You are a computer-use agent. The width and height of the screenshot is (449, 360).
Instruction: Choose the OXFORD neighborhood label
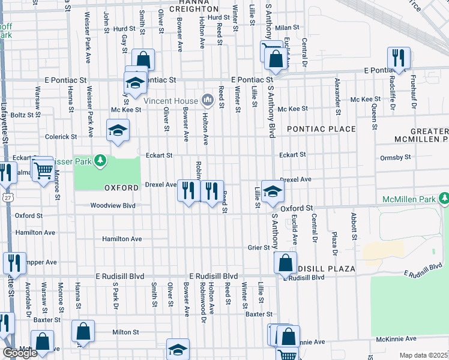(x=122, y=188)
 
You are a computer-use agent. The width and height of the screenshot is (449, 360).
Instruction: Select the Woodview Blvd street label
(x=113, y=205)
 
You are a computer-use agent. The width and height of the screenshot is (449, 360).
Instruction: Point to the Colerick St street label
(x=60, y=137)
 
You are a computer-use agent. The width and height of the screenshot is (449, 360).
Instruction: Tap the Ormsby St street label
(x=395, y=157)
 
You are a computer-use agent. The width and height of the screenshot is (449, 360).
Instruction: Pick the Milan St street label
(x=287, y=28)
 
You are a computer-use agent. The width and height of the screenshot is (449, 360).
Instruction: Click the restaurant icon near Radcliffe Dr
(x=399, y=58)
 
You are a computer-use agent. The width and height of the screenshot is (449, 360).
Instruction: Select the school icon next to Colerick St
(x=118, y=130)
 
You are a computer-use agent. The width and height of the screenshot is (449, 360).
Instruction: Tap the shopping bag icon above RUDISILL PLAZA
(x=285, y=262)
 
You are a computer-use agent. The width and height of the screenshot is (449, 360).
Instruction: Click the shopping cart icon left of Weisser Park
(x=41, y=170)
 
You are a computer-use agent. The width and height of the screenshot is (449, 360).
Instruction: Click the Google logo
(x=20, y=353)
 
